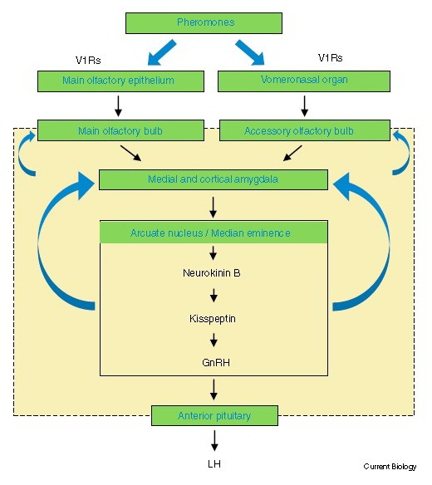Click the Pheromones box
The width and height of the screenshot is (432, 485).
[x=204, y=23]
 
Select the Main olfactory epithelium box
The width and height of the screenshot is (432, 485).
[x=120, y=81]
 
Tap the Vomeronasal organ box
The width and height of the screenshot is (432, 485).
[x=304, y=81]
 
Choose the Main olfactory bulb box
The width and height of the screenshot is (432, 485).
[x=120, y=130]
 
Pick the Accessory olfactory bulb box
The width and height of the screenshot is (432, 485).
[x=305, y=130]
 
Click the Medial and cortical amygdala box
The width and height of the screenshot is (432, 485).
[x=214, y=179]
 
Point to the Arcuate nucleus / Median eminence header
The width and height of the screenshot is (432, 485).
[x=214, y=232]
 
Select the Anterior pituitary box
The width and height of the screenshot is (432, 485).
[x=214, y=416]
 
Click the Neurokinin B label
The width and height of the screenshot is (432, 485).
[x=212, y=273]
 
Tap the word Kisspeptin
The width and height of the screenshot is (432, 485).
[x=213, y=319]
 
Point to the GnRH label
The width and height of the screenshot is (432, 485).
[x=216, y=363]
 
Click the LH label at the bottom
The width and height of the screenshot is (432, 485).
[x=214, y=464]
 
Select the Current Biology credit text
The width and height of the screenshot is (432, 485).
[x=390, y=467]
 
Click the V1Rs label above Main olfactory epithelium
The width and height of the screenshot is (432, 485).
[x=88, y=60]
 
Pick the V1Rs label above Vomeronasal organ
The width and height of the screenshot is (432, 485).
[x=330, y=58]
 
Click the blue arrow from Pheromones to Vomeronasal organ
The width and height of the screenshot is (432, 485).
[x=250, y=52]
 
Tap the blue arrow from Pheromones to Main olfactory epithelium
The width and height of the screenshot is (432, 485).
[x=162, y=52]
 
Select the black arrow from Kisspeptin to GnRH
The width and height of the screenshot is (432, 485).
[x=214, y=340]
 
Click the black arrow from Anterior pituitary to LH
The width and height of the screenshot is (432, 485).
[x=214, y=440]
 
